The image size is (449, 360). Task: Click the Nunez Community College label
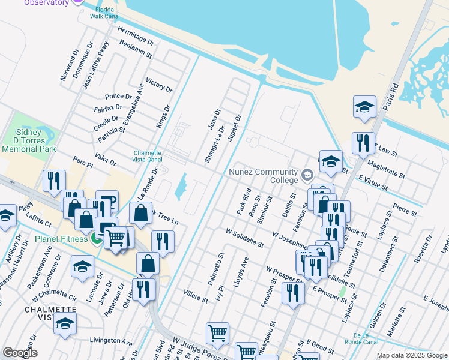pyautogui.click(x=264, y=176)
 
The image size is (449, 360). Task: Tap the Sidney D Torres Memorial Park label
pyautogui.click(x=28, y=140)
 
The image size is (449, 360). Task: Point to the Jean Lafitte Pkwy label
pyautogui.click(x=97, y=65)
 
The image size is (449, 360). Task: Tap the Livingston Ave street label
pyautogui.click(x=110, y=340)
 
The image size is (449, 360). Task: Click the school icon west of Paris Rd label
pyautogui.click(x=364, y=107)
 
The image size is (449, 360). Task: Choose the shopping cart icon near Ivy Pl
pyautogui.click(x=217, y=332)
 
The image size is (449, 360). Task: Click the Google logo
pyautogui.click(x=20, y=353)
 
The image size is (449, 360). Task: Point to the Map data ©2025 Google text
pyautogui.click(x=411, y=355)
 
